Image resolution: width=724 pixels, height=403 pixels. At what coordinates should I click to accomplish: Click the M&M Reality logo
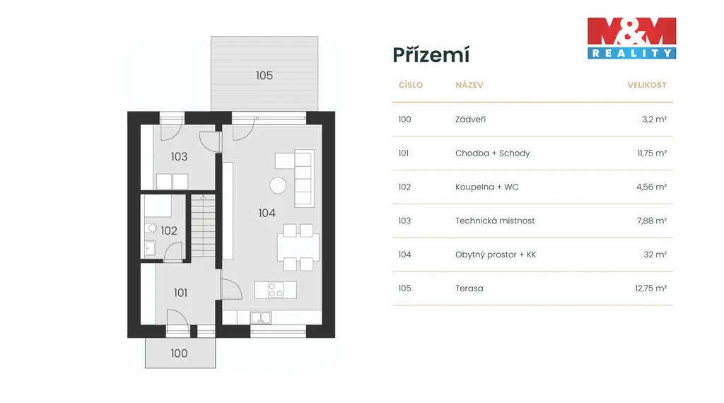coord(631,38)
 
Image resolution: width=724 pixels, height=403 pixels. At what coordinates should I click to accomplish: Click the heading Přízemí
coord(431,55)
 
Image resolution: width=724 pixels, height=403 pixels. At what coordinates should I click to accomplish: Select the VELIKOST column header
coord(647,85)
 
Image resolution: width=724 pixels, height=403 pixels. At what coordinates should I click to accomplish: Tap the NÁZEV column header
coord(469,85)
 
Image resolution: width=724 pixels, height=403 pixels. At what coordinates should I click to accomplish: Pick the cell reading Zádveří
coord(470,119)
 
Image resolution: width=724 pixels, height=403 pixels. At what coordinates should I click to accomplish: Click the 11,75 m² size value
coord(652,153)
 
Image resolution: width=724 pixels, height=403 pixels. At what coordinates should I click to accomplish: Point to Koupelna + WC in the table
coord(486,187)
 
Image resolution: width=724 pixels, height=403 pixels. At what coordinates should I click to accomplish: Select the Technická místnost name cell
coord(494,221)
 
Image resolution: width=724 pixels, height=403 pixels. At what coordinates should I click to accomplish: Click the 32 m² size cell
coord(655,255)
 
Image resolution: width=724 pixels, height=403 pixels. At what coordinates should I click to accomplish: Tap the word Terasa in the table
coord(469,288)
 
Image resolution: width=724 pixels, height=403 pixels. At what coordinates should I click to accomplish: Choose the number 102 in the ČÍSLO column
coord(404,187)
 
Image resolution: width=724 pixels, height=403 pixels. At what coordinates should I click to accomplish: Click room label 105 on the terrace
coord(264,75)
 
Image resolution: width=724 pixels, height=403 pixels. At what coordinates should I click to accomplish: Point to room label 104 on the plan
coord(267,213)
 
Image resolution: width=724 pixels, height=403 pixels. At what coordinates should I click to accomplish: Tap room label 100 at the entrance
coord(179,353)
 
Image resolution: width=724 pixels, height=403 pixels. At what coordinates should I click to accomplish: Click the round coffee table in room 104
coord(278,185)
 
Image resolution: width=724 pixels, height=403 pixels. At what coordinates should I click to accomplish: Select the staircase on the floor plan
coord(203,226)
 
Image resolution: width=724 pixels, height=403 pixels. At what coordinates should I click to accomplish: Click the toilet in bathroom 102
coord(151,228)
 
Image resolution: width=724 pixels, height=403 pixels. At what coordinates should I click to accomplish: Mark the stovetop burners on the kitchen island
coord(276,290)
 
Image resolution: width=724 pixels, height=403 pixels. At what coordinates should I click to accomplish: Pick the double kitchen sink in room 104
coord(261,317)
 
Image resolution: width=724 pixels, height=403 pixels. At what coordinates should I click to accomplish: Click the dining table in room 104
coord(298,247)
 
